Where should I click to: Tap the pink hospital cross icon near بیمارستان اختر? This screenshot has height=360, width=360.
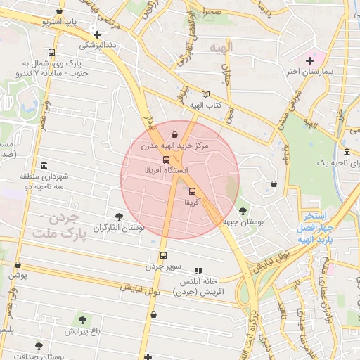[310, 60]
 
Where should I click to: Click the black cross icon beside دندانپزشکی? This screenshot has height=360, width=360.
[98, 34]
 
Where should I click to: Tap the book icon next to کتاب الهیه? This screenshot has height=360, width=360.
[205, 95]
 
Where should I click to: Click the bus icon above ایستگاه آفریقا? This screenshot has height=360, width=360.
[166, 160]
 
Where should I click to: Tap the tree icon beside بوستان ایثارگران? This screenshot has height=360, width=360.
[118, 217]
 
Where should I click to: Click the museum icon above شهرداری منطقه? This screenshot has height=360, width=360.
[44, 165]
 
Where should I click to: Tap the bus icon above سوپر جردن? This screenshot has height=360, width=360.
[164, 256]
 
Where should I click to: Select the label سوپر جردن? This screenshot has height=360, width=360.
[164, 266]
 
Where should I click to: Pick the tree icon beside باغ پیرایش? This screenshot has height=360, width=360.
[82, 321]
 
